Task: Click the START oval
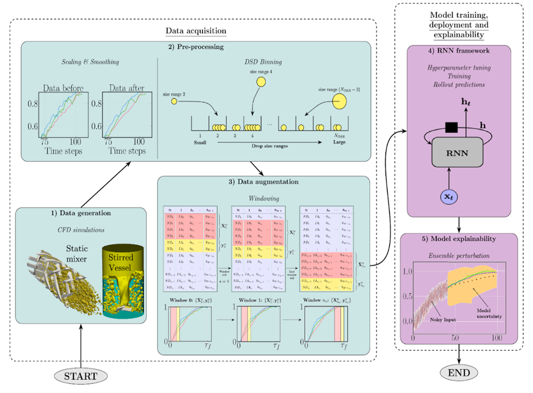(x=81, y=375)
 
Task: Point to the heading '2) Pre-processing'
(x=197, y=47)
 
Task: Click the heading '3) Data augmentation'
(x=264, y=181)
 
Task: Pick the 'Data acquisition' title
(x=195, y=31)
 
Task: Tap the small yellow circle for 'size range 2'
(x=174, y=101)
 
